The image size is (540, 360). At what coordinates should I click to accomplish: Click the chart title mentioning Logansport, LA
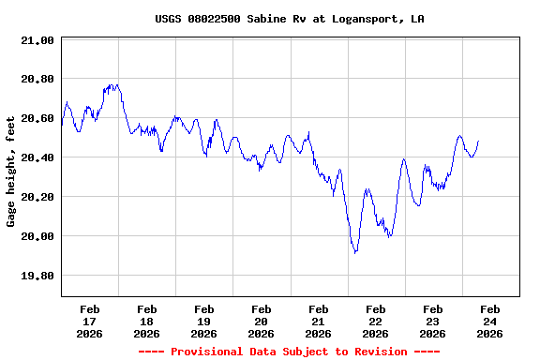(x=290, y=19)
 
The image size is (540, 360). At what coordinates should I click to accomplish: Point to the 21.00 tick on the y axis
(x=38, y=40)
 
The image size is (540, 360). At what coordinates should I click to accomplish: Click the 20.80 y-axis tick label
(x=38, y=80)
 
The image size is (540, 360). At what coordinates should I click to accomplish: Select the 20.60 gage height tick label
(x=38, y=119)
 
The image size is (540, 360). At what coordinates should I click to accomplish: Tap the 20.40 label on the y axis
(x=38, y=158)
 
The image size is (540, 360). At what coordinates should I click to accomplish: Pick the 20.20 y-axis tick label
(x=38, y=198)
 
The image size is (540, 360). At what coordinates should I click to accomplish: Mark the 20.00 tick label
(x=38, y=237)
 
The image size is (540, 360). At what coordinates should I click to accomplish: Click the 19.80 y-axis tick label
(x=38, y=277)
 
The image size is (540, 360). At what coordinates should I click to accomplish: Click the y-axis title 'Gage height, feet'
(x=11, y=172)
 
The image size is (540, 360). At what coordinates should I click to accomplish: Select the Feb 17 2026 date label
(x=90, y=321)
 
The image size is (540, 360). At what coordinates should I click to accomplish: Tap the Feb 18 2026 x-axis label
(x=147, y=321)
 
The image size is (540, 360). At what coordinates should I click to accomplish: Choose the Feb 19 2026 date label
(x=204, y=321)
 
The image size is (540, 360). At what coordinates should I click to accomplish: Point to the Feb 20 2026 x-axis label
(x=262, y=321)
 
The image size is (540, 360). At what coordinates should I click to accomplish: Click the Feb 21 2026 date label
(x=319, y=321)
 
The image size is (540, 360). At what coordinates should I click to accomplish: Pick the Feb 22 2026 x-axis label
(x=376, y=321)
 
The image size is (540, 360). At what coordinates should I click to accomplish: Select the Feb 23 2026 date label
(x=433, y=321)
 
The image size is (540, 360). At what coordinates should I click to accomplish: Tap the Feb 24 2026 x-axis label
(x=490, y=321)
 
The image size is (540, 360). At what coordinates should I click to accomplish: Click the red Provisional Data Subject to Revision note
(x=290, y=352)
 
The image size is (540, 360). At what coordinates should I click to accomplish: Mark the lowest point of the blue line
(x=355, y=253)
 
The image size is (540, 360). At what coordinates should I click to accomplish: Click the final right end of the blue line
(x=478, y=142)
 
